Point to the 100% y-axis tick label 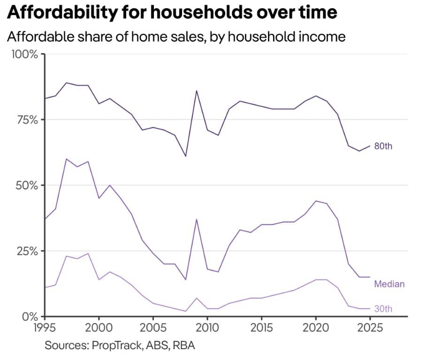(24, 54)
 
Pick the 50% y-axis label (26, 185)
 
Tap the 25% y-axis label (27, 251)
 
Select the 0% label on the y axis (30, 317)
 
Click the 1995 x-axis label (45, 328)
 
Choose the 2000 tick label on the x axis (99, 328)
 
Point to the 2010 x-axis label (207, 328)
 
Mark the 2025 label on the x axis (370, 328)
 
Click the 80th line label (383, 146)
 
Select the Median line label (389, 284)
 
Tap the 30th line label (383, 309)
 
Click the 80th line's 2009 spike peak (197, 91)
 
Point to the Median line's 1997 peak (66, 159)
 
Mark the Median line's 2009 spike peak (197, 219)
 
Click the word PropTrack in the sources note (117, 345)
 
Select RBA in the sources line (183, 345)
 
